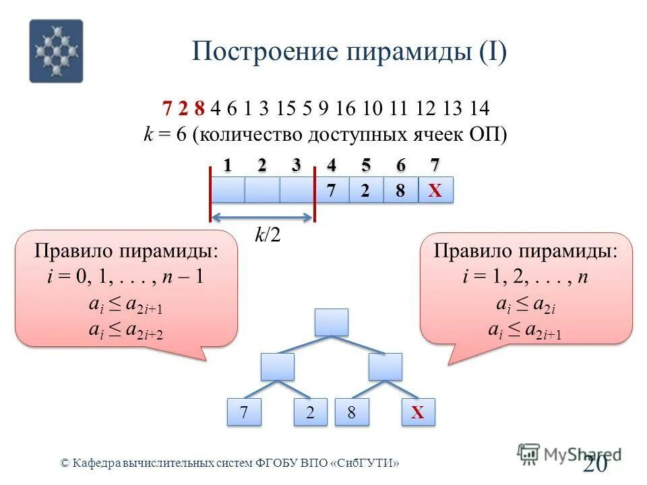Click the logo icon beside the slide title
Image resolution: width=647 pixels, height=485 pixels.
(x=56, y=51)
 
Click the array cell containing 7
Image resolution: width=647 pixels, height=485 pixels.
(x=331, y=191)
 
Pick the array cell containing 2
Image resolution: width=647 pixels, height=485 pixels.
(x=365, y=191)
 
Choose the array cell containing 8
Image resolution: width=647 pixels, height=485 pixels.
(x=400, y=191)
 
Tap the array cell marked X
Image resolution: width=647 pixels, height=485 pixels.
(x=435, y=191)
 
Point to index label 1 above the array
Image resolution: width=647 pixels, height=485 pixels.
(x=227, y=165)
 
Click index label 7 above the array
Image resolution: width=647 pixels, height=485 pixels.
(x=435, y=165)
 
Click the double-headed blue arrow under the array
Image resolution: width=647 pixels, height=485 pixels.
(x=263, y=217)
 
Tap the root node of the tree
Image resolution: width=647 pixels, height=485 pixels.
(x=331, y=322)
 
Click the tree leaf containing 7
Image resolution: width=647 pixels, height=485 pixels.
(x=243, y=413)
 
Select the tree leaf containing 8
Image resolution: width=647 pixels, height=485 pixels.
(x=351, y=413)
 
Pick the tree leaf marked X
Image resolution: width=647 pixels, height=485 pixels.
(x=418, y=413)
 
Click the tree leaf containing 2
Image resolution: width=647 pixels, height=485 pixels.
(x=311, y=413)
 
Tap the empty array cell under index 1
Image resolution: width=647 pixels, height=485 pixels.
(x=227, y=191)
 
